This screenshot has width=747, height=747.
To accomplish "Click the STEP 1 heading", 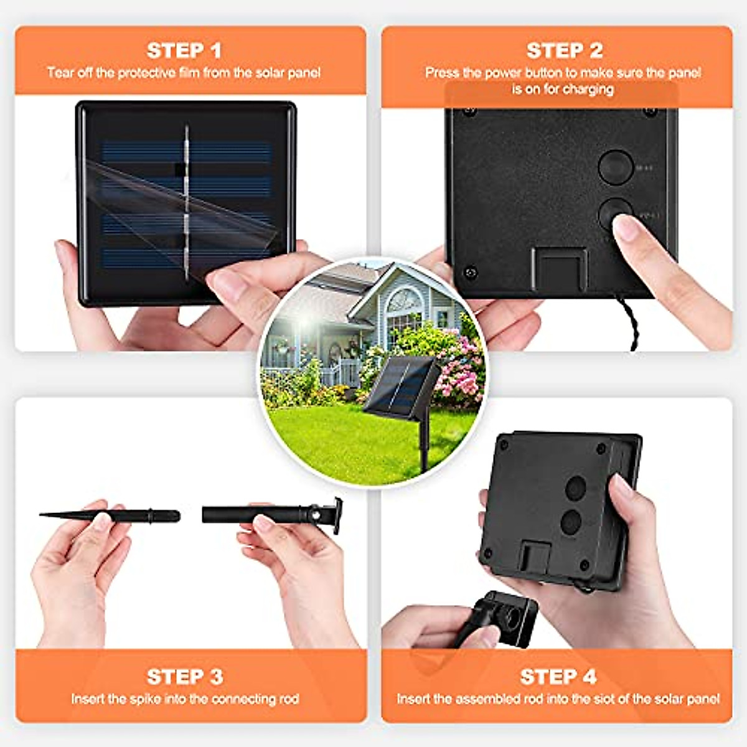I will [184, 50].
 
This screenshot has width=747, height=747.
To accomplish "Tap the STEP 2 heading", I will [564, 50].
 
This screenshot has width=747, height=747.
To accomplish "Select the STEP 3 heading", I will [185, 677].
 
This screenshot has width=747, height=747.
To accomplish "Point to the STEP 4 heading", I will [558, 677].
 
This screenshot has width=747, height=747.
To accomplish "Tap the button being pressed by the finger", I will [614, 215].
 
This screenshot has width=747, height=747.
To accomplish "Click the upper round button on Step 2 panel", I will [615, 167].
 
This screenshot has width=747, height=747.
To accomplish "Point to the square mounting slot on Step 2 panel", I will [559, 268].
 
